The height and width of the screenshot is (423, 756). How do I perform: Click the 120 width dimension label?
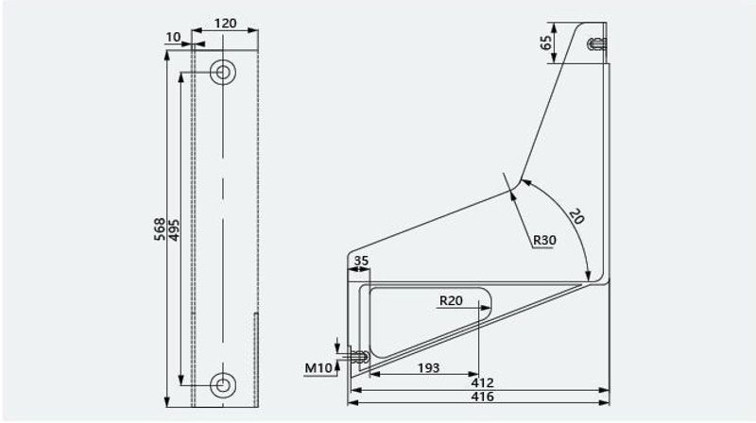(225, 23)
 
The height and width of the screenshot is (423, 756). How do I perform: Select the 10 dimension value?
(173, 37)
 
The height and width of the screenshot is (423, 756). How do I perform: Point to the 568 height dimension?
(160, 229)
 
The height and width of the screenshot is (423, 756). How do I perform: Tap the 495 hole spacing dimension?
(174, 230)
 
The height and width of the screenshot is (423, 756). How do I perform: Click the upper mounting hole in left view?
(223, 73)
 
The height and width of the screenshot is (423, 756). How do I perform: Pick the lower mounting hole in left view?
(223, 385)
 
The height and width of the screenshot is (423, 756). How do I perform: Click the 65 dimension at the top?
(546, 42)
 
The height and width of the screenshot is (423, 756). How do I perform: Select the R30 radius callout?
(544, 240)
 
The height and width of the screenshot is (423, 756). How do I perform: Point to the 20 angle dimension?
(576, 216)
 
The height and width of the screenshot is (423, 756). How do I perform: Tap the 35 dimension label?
(361, 261)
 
